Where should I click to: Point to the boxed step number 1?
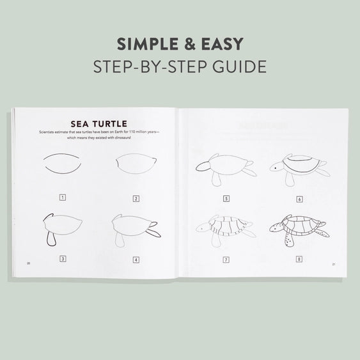[x=62, y=198]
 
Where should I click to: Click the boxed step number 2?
[x=136, y=198]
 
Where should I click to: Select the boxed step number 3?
[x=62, y=259]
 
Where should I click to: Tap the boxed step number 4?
[x=136, y=260]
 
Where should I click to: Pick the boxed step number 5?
[x=226, y=199]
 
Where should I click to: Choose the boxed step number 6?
[x=299, y=200]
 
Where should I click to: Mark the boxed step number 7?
[x=226, y=260]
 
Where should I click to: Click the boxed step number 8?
[x=299, y=260]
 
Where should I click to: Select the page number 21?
[x=333, y=264]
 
